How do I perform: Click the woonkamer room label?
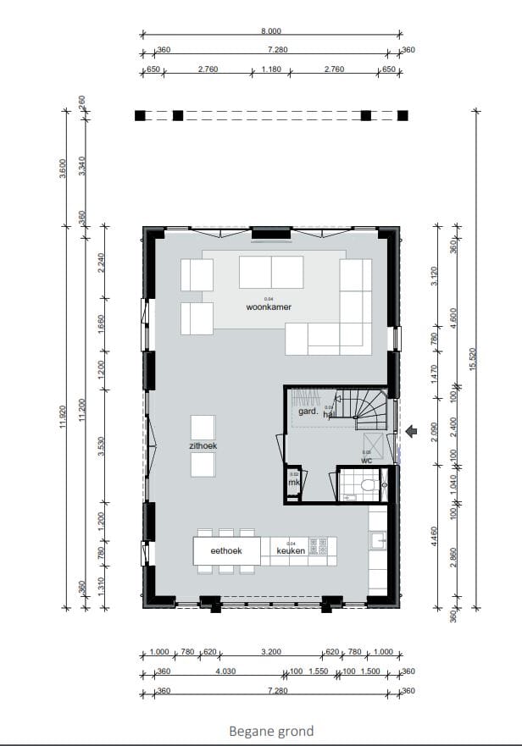[269, 307]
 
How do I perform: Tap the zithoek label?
[203, 446]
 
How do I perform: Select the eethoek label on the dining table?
[226, 551]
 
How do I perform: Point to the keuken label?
[291, 551]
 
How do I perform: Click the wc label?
[366, 461]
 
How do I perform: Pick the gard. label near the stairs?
[308, 412]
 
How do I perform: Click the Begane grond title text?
[271, 731]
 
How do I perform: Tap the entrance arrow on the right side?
[412, 433]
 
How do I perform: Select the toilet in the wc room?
[369, 486]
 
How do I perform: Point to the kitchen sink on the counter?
[377, 539]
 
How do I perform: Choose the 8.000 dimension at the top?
[271, 30]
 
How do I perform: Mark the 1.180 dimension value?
[271, 69]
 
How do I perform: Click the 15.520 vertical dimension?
[474, 358]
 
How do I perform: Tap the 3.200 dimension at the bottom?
[270, 652]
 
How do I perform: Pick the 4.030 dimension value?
[225, 671]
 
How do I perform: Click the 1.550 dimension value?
[318, 671]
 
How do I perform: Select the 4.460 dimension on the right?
[435, 535]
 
